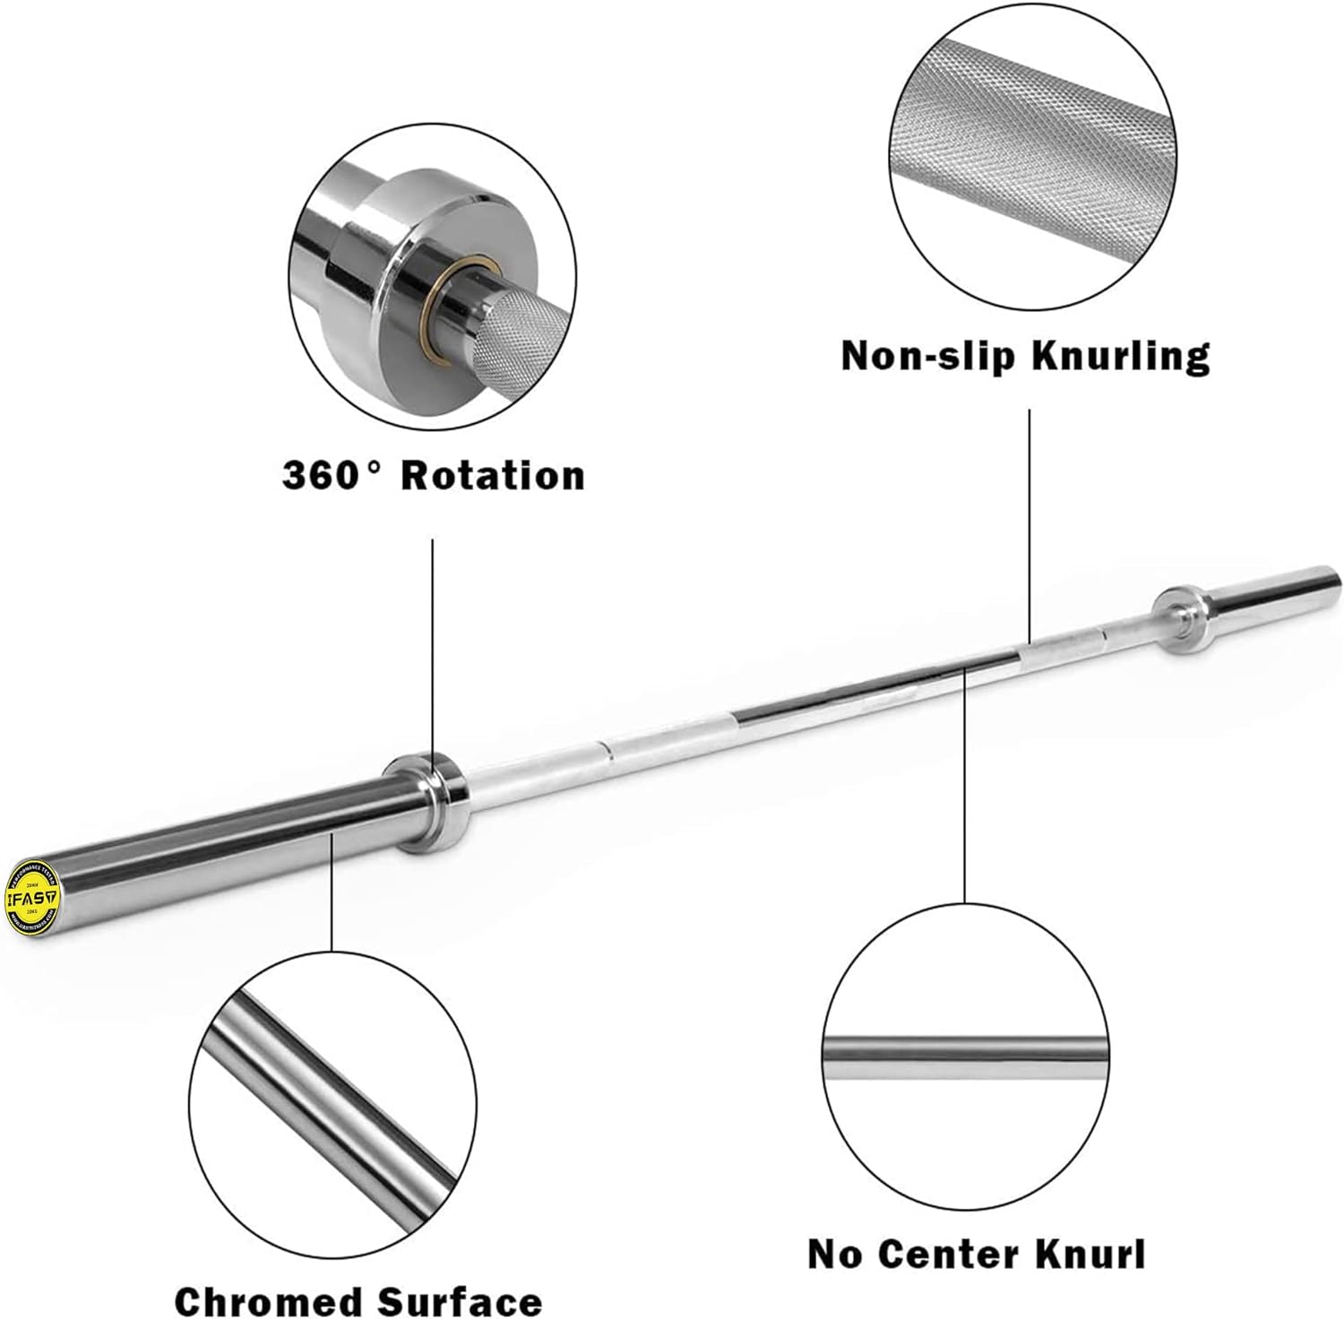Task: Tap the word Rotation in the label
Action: click(x=493, y=475)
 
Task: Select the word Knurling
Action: click(x=1120, y=356)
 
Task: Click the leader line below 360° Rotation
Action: click(x=433, y=645)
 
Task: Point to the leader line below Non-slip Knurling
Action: click(x=1029, y=520)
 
